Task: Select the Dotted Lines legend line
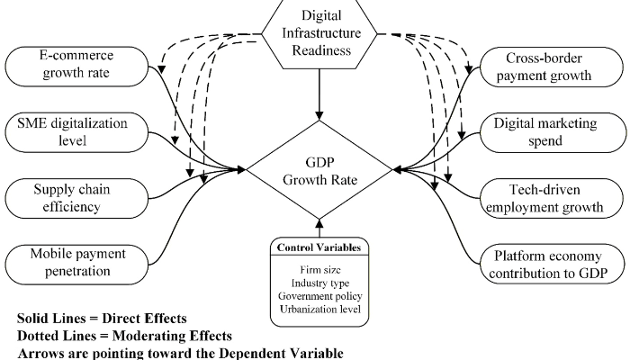[112, 334]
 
